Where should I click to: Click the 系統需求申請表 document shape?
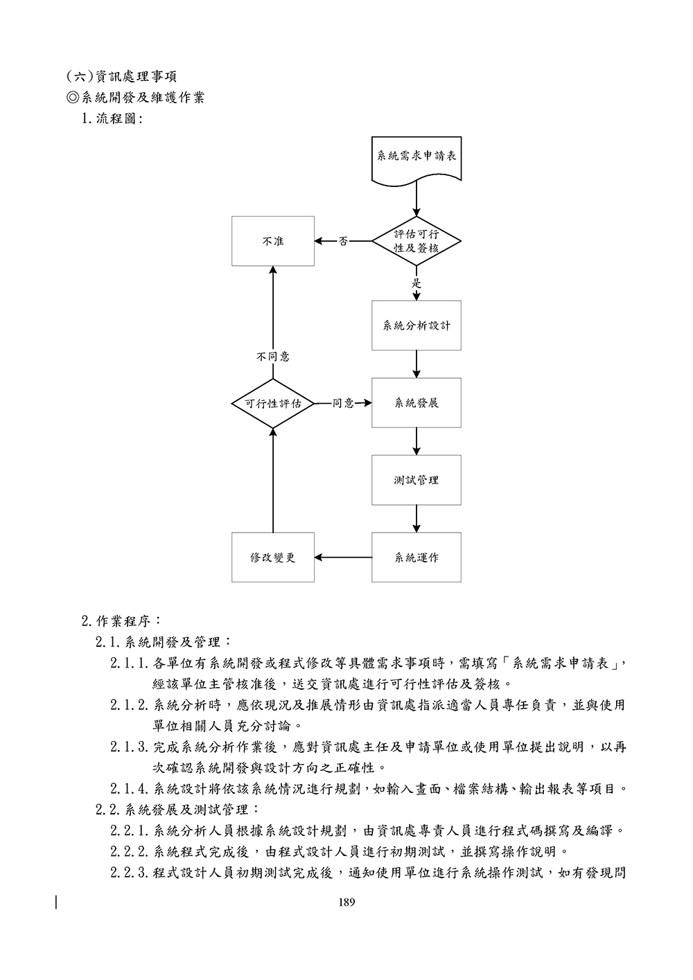point(416,159)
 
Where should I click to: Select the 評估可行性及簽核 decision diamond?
point(416,241)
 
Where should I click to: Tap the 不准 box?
point(273,241)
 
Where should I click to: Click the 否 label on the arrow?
point(343,242)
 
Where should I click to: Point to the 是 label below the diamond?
point(416,283)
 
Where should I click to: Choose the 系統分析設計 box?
point(416,325)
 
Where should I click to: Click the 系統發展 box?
point(416,402)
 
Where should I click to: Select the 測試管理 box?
point(416,479)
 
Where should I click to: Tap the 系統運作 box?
point(416,557)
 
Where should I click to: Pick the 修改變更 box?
point(273,557)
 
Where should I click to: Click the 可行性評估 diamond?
point(273,403)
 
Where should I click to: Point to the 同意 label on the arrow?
point(343,403)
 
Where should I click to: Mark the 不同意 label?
point(273,357)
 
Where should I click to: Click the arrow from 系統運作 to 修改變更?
point(344,557)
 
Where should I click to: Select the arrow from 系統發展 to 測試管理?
point(416,440)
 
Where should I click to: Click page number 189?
point(346,902)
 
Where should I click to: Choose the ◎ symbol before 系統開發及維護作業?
point(74,98)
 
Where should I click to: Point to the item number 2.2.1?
point(130,830)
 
